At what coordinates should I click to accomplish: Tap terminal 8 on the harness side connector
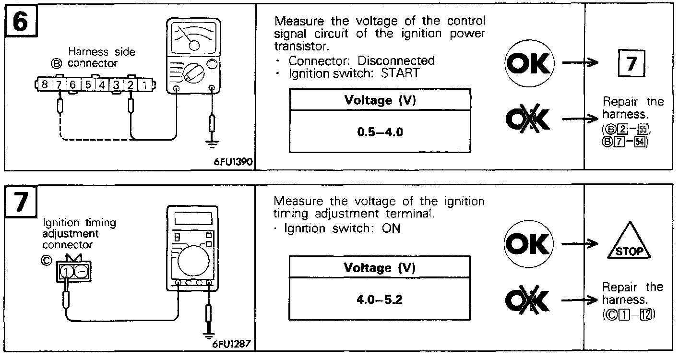coord(45,85)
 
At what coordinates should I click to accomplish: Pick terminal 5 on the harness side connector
coord(88,85)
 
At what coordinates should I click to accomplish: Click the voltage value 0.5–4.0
coord(380,132)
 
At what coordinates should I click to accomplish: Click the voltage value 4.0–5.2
coord(379,300)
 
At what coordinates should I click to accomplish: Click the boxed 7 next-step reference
coord(631,63)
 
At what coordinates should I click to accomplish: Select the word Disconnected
coord(396,61)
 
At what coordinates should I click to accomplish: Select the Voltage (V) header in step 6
coord(380,100)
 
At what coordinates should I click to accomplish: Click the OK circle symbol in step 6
coord(529,64)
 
